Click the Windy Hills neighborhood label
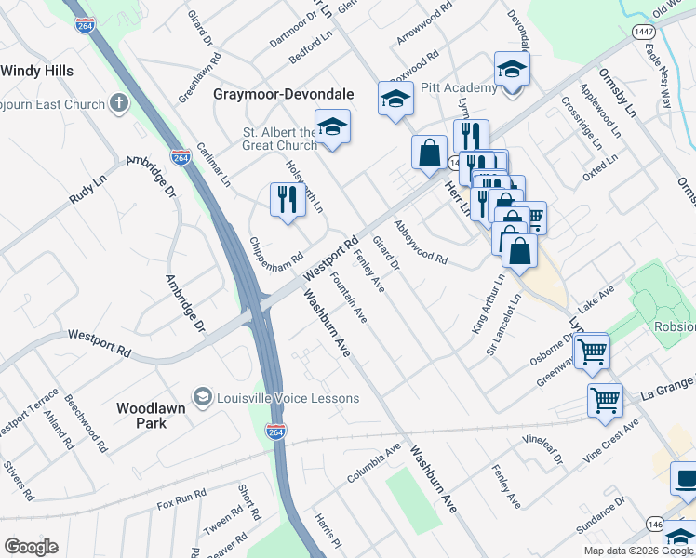pyautogui.click(x=36, y=71)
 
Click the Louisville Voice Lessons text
pyautogui.click(x=288, y=398)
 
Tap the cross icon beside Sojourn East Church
pyautogui.click(x=119, y=103)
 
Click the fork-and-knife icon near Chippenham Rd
pyautogui.click(x=287, y=199)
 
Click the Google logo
pyautogui.click(x=31, y=547)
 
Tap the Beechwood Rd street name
pyautogui.click(x=83, y=421)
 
